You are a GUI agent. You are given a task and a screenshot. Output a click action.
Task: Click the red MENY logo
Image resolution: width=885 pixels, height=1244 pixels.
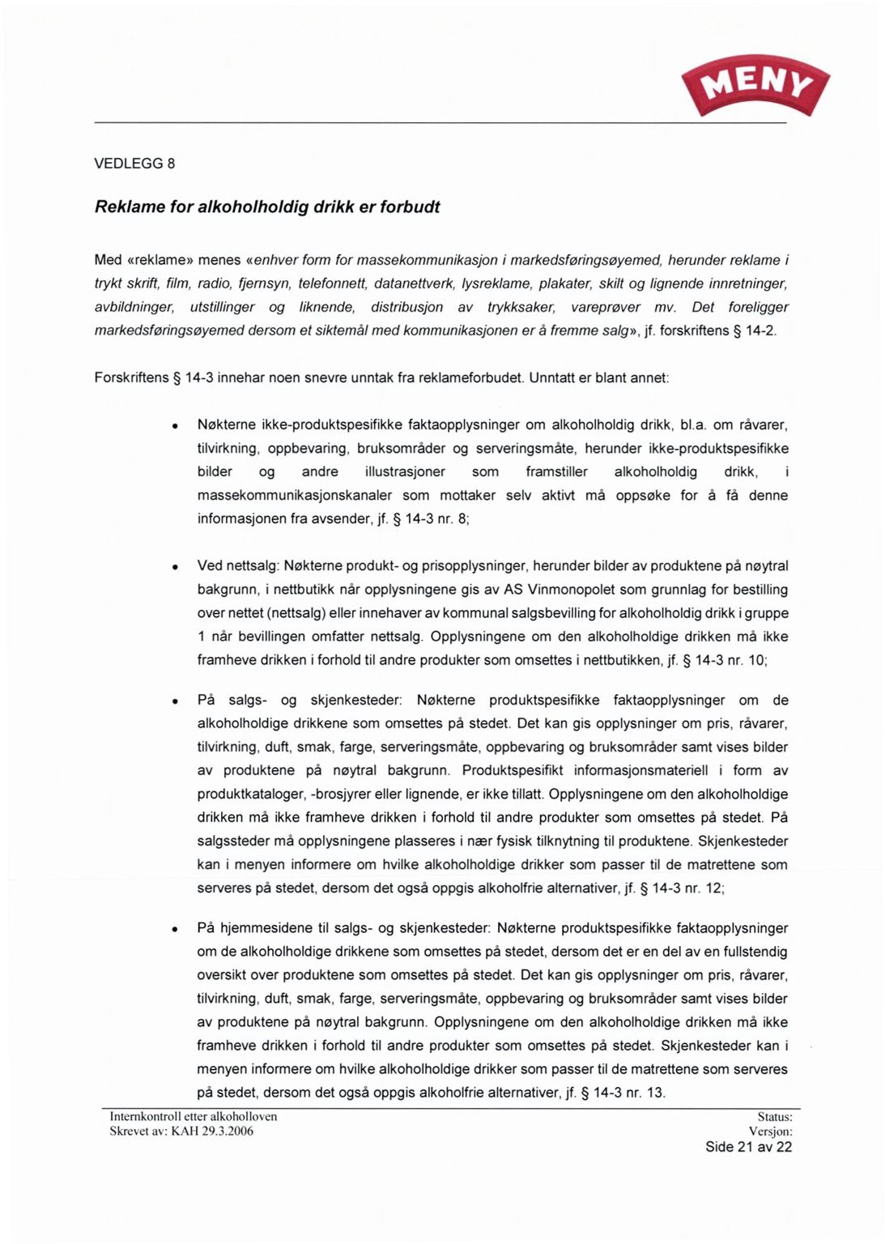click(756, 83)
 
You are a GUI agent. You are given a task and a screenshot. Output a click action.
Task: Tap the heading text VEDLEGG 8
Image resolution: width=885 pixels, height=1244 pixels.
click(134, 164)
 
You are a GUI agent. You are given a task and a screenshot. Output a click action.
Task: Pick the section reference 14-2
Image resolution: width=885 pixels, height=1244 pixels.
click(759, 330)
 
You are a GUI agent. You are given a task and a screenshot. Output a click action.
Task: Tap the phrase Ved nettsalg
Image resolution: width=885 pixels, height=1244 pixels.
click(238, 566)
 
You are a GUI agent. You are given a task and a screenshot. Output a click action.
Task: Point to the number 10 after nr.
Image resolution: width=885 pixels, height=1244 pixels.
click(756, 660)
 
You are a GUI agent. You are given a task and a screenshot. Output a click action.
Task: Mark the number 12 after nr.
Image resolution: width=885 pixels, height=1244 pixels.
click(713, 888)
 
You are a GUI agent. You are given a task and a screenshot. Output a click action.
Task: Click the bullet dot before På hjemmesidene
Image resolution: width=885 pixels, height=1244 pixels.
click(174, 930)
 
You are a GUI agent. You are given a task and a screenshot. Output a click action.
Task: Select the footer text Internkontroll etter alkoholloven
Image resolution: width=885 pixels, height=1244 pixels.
click(194, 1117)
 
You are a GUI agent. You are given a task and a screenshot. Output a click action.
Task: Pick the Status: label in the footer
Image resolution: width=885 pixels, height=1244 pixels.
click(774, 1117)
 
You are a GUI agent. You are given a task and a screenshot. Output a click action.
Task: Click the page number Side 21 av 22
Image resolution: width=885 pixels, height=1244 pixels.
click(748, 1147)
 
